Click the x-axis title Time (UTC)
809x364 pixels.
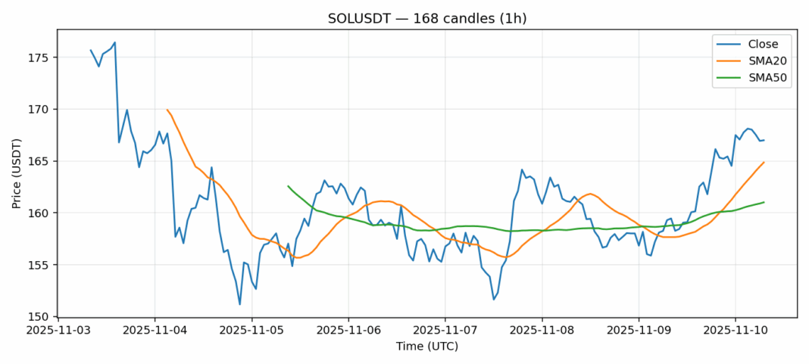click(x=426, y=347)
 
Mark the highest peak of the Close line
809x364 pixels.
click(x=114, y=42)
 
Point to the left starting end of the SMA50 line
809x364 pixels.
click(x=288, y=186)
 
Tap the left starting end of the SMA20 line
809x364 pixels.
click(x=167, y=110)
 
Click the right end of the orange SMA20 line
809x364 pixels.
click(x=764, y=162)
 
